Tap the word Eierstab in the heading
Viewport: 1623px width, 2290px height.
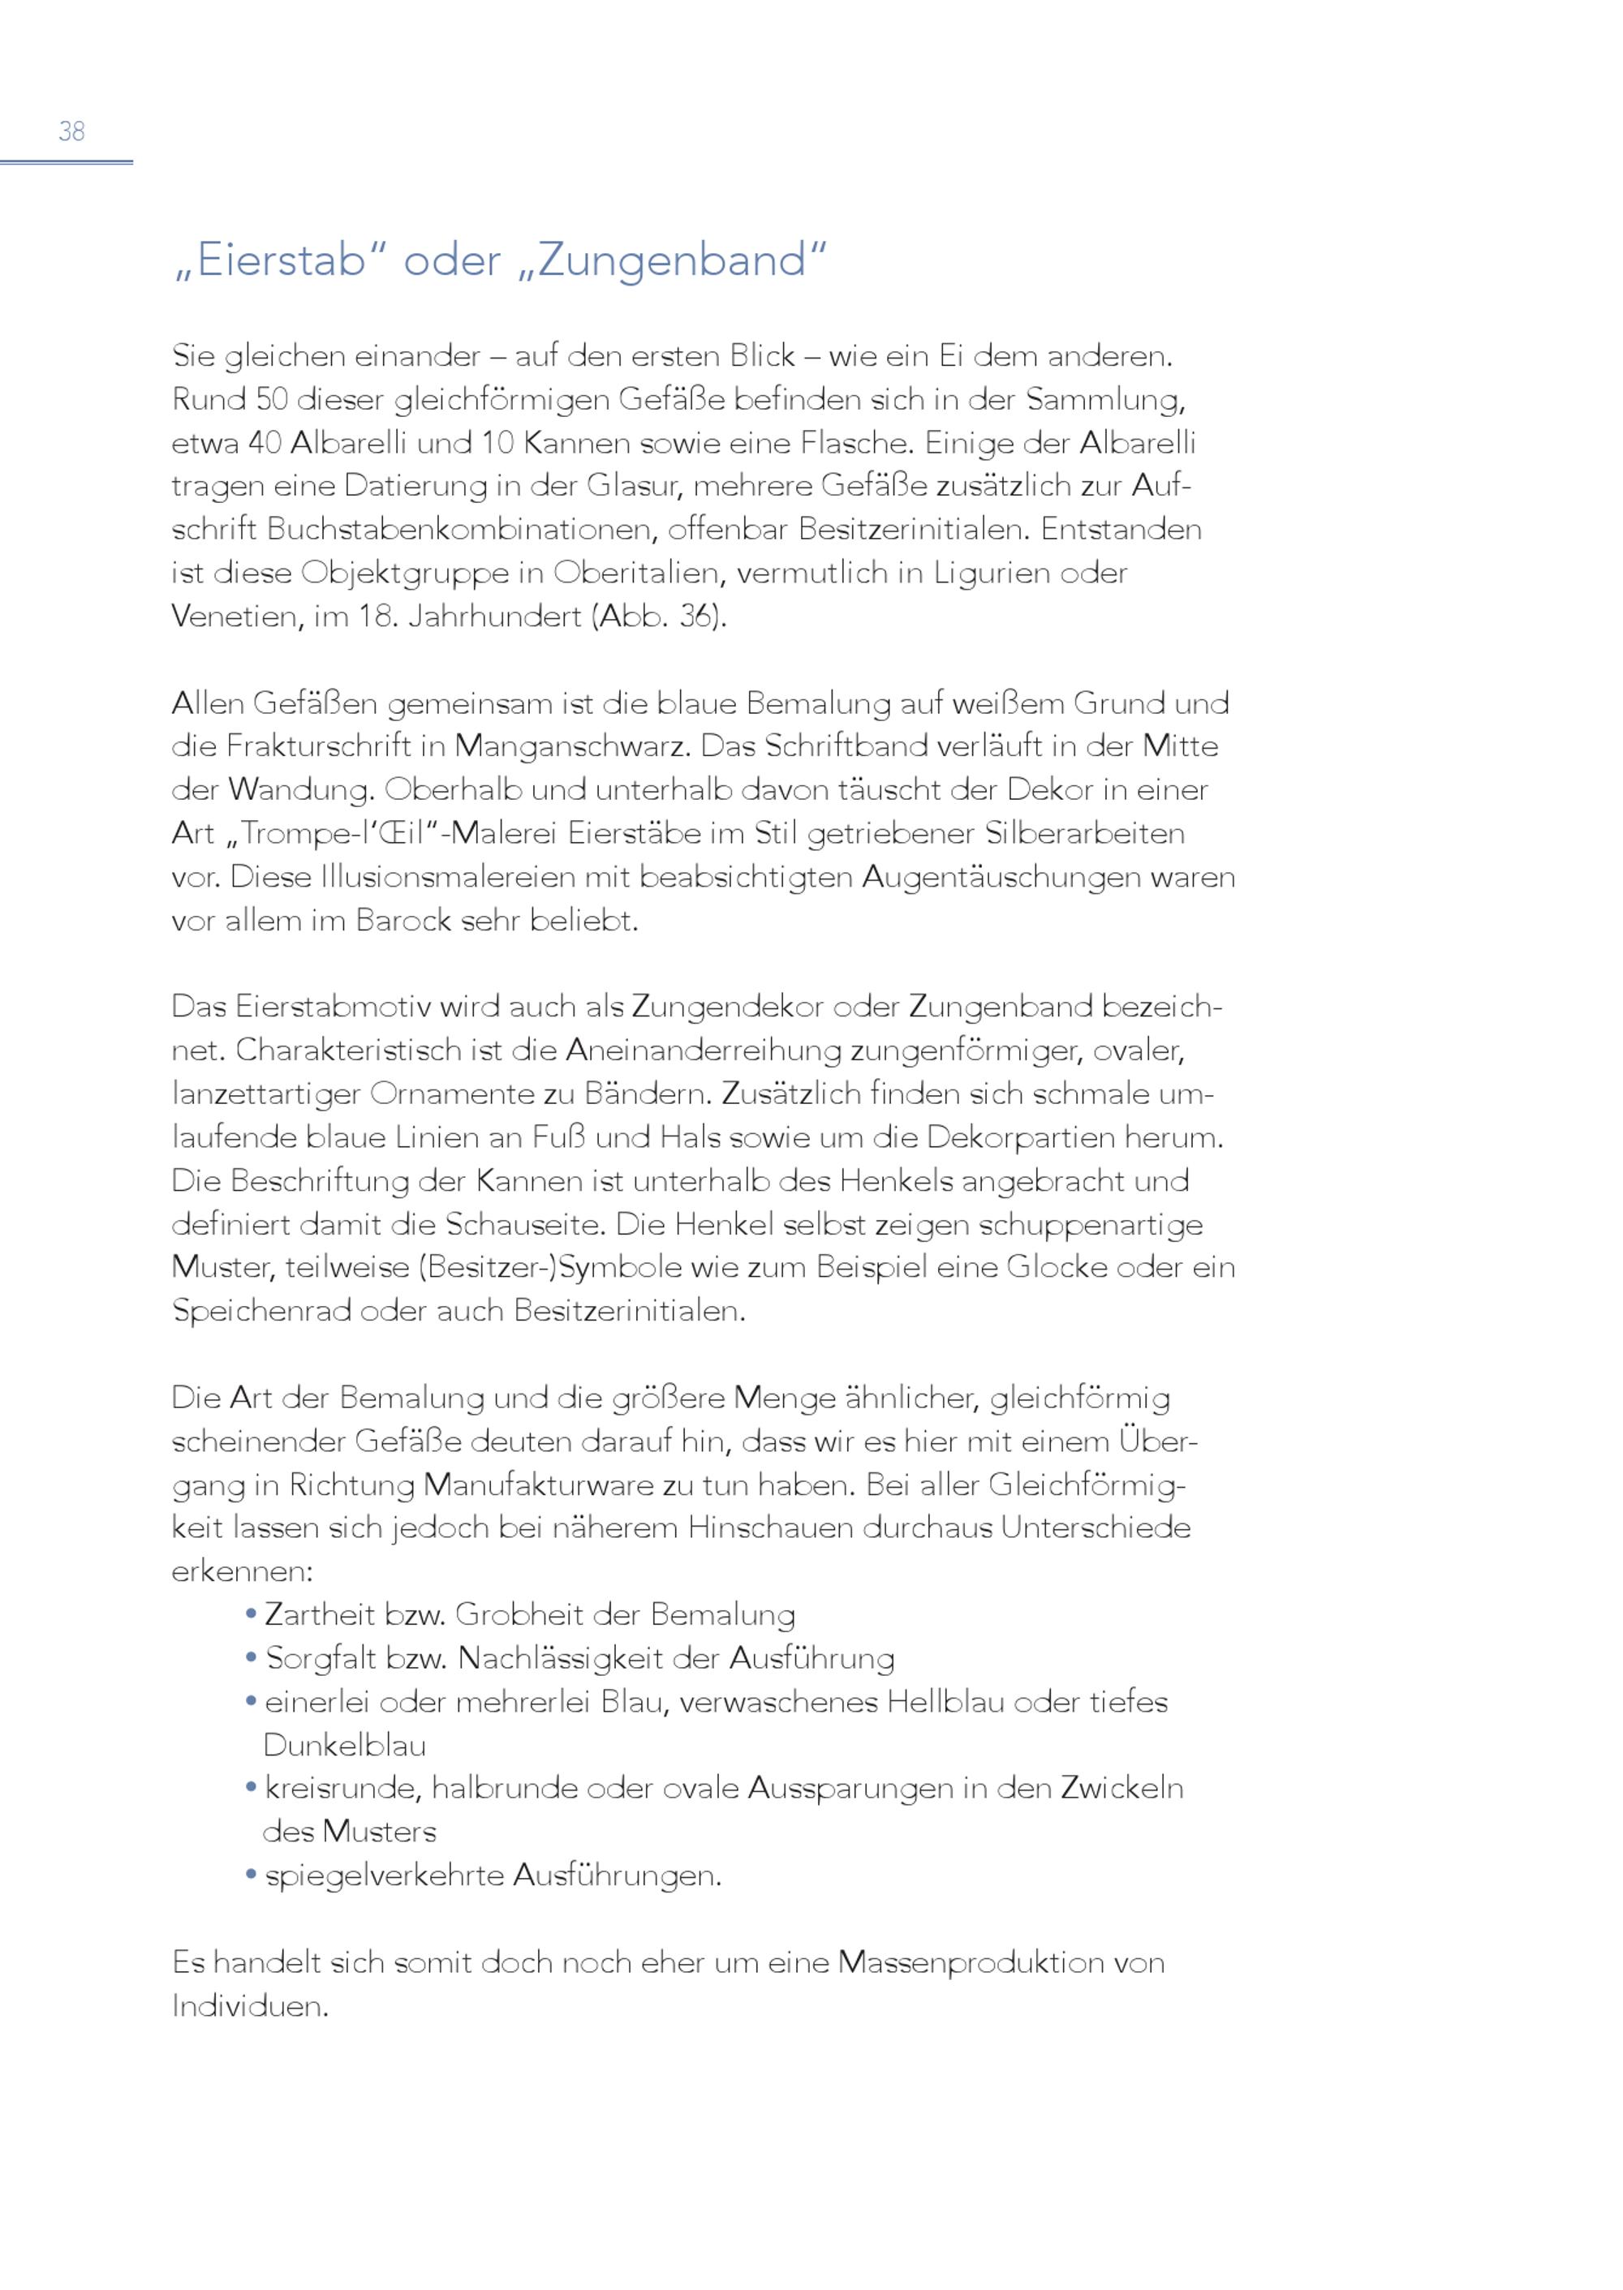[280, 260]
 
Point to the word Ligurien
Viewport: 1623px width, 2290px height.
[979, 574]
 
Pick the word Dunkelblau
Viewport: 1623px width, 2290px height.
[345, 1746]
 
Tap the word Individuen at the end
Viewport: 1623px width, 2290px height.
[249, 2005]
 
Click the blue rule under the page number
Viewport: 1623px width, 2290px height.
[66, 162]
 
